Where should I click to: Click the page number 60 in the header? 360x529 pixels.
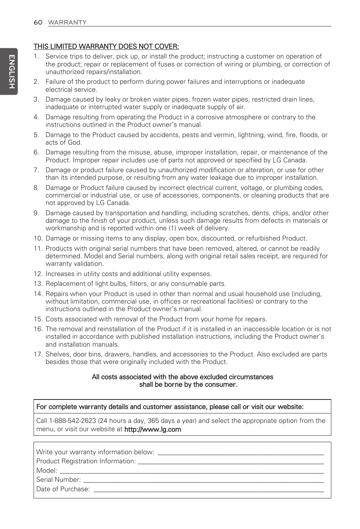(x=38, y=22)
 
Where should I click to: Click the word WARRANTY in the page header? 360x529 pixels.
(x=67, y=22)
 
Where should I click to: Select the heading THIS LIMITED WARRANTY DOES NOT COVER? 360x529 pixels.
(x=106, y=46)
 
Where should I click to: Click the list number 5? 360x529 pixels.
(x=36, y=135)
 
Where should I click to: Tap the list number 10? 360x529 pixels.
(x=38, y=238)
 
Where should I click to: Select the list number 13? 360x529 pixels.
(x=38, y=284)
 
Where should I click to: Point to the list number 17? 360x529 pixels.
(x=38, y=354)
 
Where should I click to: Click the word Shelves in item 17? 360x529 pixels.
(x=57, y=354)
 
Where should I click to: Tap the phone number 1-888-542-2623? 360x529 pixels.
(x=72, y=421)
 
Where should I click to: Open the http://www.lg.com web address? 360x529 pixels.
(x=152, y=429)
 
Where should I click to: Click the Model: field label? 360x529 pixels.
(x=47, y=470)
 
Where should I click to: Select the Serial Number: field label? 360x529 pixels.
(x=58, y=480)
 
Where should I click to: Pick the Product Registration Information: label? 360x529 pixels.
(x=86, y=461)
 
